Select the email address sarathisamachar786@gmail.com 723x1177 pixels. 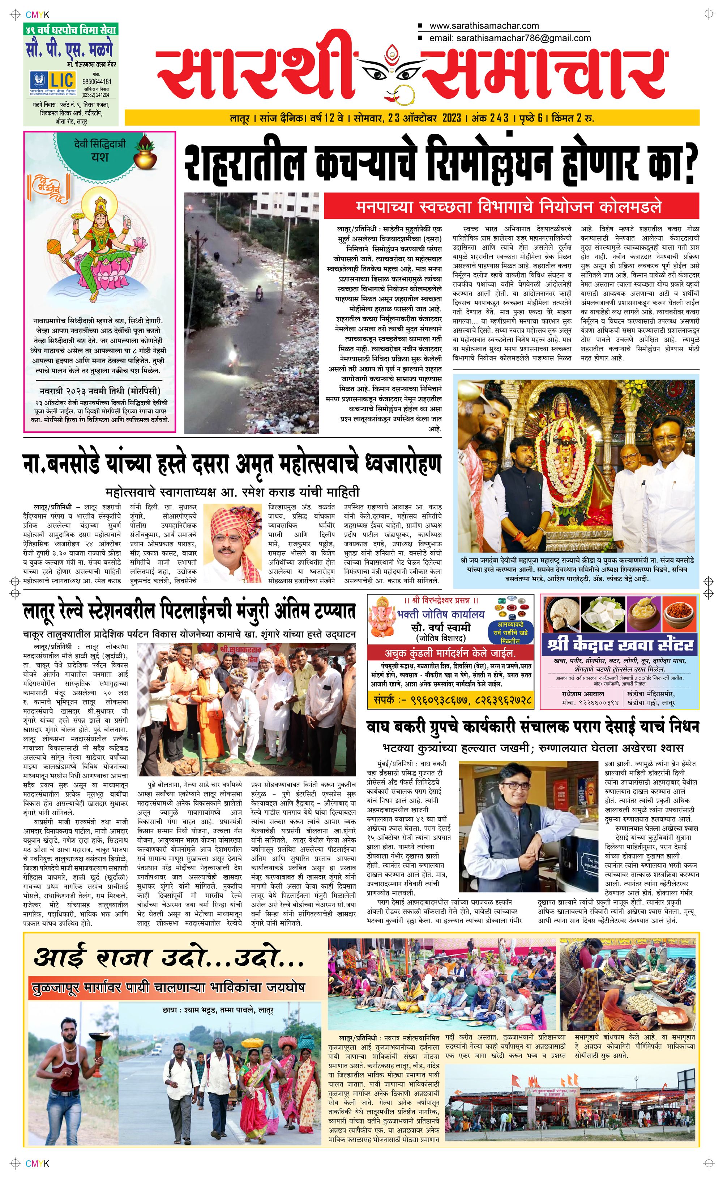[x=523, y=38]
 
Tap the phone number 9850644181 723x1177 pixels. [x=97, y=81]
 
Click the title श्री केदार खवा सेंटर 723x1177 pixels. [x=620, y=645]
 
